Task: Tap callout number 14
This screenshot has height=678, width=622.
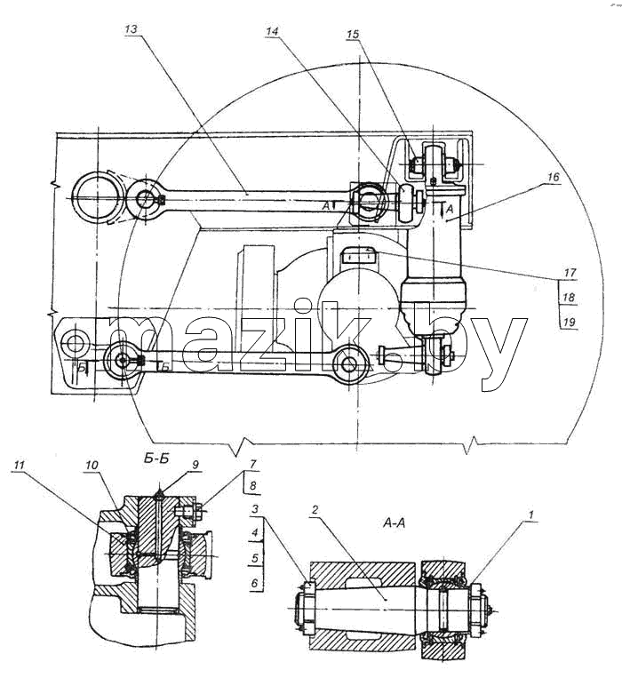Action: (x=272, y=31)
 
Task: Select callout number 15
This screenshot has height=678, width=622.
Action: (x=353, y=34)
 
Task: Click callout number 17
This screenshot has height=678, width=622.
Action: (x=570, y=273)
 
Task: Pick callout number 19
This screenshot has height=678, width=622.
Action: (x=570, y=323)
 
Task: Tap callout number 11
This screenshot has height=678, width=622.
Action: (x=19, y=466)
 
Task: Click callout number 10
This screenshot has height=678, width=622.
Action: (x=92, y=466)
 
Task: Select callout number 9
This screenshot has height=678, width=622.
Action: (x=195, y=465)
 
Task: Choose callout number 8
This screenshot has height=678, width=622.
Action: (x=253, y=485)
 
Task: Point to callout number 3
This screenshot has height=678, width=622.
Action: (x=255, y=509)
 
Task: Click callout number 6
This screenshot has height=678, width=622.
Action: (x=255, y=583)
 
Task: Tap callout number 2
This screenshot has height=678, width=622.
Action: (x=315, y=509)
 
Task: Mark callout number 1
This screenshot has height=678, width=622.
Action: (x=531, y=514)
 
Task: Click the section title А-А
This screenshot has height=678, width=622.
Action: (x=394, y=523)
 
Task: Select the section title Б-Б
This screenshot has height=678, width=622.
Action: (x=155, y=459)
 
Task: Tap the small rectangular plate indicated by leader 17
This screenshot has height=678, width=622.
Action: (x=357, y=258)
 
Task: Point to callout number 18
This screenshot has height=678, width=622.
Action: (x=570, y=298)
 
